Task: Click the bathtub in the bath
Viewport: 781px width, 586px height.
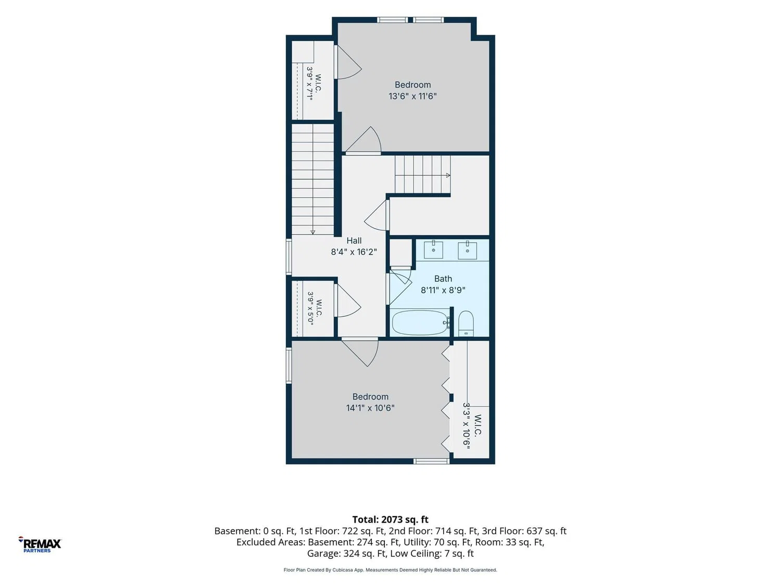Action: tap(420, 323)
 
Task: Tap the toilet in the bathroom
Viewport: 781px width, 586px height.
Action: tap(466, 323)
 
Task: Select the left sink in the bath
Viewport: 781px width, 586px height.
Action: tap(433, 250)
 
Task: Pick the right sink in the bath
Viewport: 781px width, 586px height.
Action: tap(467, 250)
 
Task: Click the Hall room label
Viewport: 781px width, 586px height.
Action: tap(354, 241)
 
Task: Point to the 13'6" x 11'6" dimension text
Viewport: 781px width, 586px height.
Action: tap(412, 96)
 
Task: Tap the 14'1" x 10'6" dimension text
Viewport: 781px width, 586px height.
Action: tap(370, 408)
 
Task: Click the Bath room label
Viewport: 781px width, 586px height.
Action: tap(443, 279)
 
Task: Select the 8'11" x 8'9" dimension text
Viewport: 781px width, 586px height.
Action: tap(443, 290)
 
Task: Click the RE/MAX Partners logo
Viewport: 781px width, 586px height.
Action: tap(40, 544)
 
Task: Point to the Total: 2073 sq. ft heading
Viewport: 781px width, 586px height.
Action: tap(391, 519)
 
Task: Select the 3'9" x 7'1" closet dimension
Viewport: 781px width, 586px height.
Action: tap(310, 84)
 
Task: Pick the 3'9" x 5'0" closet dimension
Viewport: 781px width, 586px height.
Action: tap(311, 308)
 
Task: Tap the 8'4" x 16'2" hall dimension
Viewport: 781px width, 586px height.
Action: tap(354, 252)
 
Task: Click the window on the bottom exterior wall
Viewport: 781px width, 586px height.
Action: tap(431, 462)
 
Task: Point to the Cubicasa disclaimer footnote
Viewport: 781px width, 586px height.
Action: tap(391, 570)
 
